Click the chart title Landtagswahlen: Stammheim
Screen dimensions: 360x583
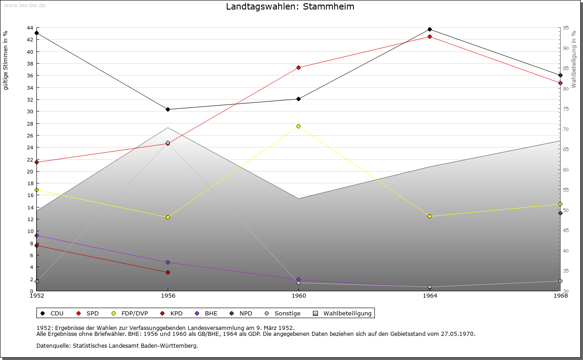(x=290, y=7)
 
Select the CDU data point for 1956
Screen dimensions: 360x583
(x=168, y=109)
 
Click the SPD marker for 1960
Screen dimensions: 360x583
(x=299, y=68)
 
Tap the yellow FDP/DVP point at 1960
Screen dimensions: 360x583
(x=299, y=126)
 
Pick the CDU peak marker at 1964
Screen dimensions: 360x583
(x=430, y=30)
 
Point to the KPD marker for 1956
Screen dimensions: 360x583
(x=168, y=272)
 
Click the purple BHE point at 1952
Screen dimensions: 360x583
(x=37, y=236)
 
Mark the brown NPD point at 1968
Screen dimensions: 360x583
(x=560, y=213)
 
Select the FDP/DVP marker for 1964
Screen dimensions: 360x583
(x=430, y=216)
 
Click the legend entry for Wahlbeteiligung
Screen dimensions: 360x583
(x=347, y=313)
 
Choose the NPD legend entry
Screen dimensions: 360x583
(x=245, y=313)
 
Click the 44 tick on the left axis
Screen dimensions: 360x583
(x=30, y=28)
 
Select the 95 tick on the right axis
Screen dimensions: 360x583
(x=565, y=28)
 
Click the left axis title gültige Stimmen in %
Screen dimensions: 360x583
(x=6, y=61)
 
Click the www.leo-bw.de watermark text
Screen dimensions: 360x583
(x=24, y=5)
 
